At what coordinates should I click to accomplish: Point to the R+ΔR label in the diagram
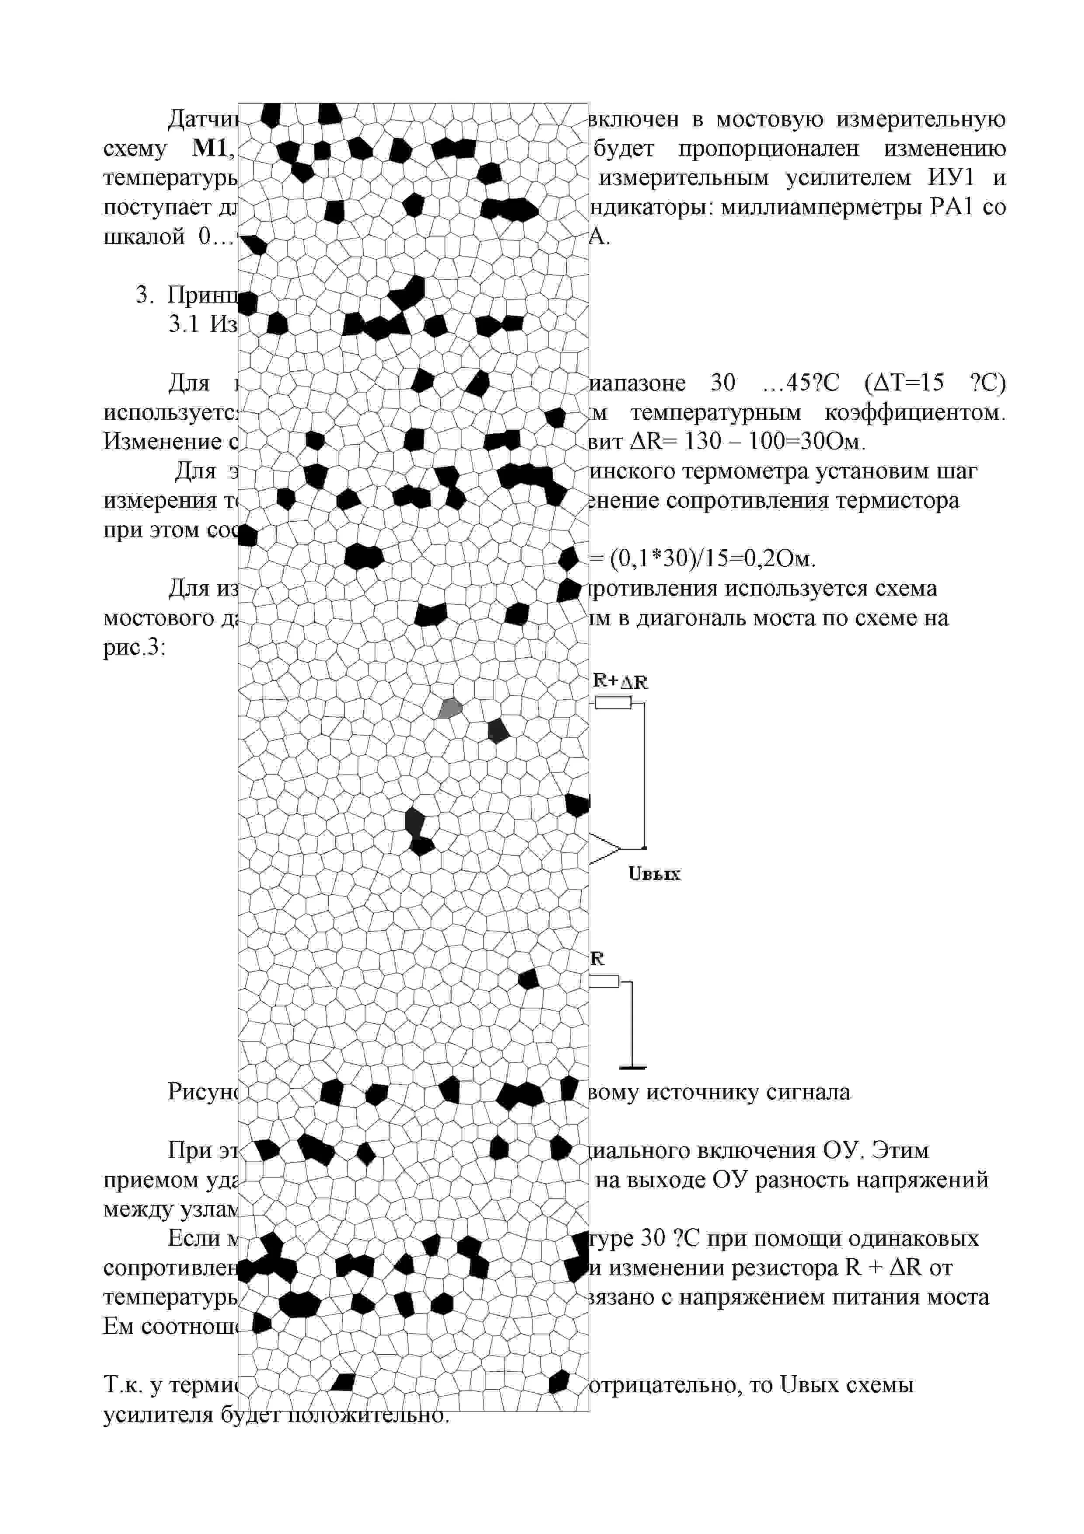click(x=620, y=681)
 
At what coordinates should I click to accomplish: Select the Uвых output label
click(x=654, y=874)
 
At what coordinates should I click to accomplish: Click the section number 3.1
click(x=184, y=324)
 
